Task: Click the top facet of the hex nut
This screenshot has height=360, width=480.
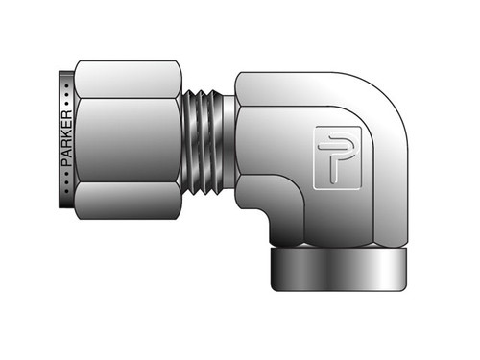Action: coord(125,77)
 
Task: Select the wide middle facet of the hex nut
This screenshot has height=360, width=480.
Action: coord(125,140)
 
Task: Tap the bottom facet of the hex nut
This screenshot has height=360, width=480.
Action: coord(125,202)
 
